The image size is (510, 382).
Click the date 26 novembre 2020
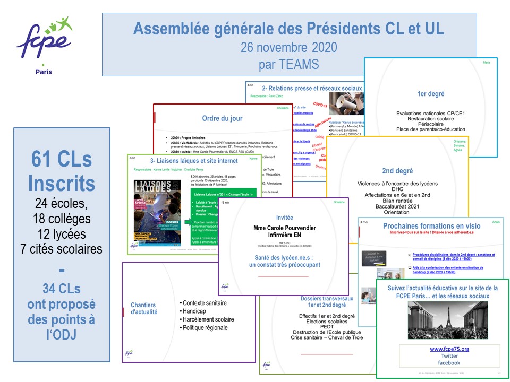click(288, 47)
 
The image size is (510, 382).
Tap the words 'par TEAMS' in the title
click(288, 65)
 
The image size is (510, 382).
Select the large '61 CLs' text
click(61, 159)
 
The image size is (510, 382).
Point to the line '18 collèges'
click(61, 219)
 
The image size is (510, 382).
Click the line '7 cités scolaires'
click(61, 248)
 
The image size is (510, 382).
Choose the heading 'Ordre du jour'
click(223, 118)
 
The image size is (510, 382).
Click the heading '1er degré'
click(430, 93)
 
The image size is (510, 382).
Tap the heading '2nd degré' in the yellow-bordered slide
click(397, 171)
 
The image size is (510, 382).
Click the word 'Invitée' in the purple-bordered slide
click(284, 218)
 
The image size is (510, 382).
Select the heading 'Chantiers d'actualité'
click(144, 308)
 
